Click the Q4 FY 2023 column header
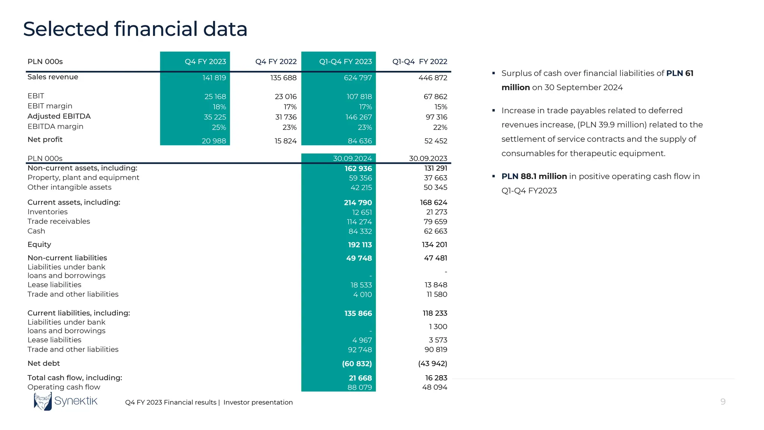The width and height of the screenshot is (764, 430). point(205,62)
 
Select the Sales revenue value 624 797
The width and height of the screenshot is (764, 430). point(358,78)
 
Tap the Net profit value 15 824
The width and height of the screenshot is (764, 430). point(285,141)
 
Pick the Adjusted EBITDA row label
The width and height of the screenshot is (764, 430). point(59,116)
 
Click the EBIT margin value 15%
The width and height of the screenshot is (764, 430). point(441,107)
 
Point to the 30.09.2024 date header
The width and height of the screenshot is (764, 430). point(352,159)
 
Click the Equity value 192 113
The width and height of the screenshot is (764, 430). point(360,245)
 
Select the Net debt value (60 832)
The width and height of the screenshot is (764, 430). point(357,364)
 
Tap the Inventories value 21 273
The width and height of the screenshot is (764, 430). point(436,212)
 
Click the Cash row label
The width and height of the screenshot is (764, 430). point(36,231)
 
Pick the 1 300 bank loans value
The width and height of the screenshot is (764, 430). point(438,327)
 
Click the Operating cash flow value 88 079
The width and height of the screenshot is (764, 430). point(359,387)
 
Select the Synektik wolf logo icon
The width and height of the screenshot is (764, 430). point(43,402)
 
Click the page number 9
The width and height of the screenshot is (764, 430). point(723,402)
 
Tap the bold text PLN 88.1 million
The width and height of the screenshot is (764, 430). point(534,177)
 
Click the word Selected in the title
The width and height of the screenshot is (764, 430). point(66,29)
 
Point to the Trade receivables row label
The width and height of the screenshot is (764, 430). point(59,221)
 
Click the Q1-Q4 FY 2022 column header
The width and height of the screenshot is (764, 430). point(419,62)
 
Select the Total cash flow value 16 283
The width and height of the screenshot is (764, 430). point(436,378)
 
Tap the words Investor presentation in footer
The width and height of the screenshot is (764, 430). point(258,402)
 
